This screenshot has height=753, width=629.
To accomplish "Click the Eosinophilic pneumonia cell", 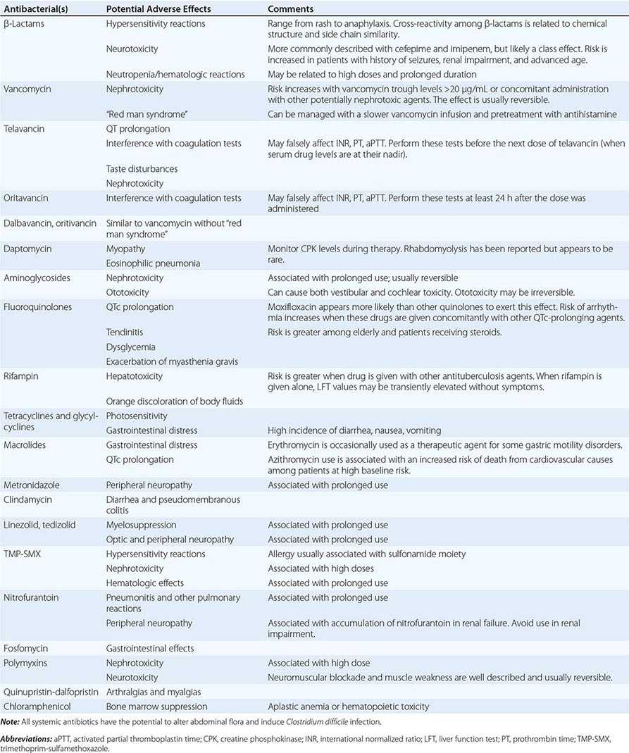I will point(153,263).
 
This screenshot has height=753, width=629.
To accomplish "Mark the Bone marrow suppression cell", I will point(156,707).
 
